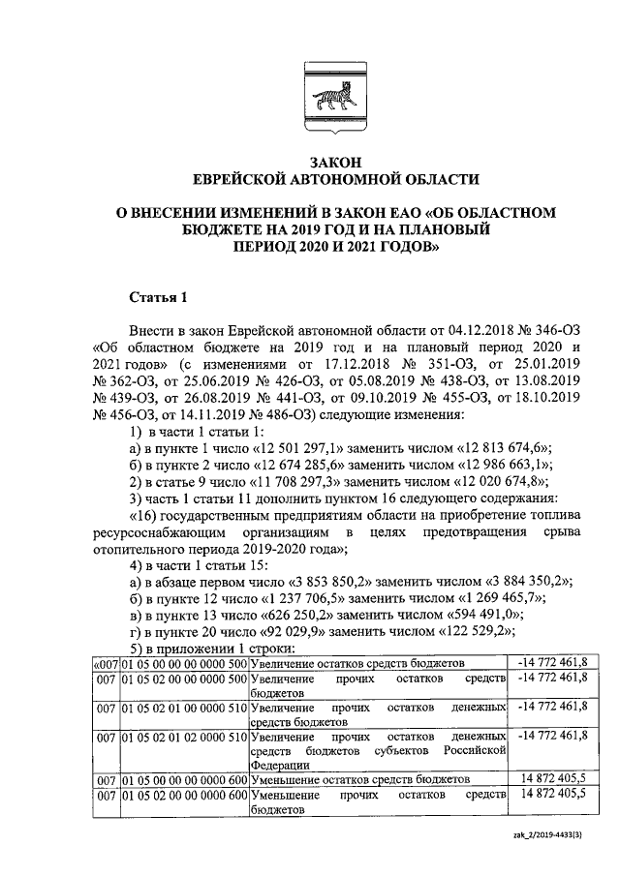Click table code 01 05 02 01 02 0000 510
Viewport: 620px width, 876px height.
pyautogui.click(x=184, y=738)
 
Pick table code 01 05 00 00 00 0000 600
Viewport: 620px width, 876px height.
pyautogui.click(x=184, y=778)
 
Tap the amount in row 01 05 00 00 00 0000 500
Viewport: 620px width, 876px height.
pyautogui.click(x=556, y=663)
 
